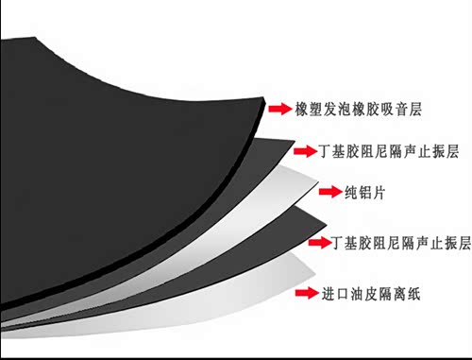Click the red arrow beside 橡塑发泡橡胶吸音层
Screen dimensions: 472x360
[x=279, y=109]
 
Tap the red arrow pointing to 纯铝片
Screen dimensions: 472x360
[x=330, y=192]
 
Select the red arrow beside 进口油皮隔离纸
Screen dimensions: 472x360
[x=307, y=293]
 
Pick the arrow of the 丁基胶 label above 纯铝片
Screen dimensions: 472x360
[x=305, y=151]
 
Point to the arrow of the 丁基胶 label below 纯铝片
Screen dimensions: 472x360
[x=320, y=242]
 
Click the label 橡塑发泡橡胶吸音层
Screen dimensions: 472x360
[x=358, y=109]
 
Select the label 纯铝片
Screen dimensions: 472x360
[x=364, y=192]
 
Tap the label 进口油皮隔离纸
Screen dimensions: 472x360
[x=371, y=294]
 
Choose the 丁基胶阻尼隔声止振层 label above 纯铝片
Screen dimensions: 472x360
[x=388, y=151]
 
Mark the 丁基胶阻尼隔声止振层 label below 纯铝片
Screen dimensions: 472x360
[x=401, y=243]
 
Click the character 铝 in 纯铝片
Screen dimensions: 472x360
[x=365, y=192]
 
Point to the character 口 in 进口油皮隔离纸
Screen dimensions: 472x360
[x=343, y=294]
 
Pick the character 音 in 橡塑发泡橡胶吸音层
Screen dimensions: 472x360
[x=401, y=109]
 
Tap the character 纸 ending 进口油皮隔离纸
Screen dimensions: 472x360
[x=413, y=294]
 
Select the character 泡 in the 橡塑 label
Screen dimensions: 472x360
[x=345, y=109]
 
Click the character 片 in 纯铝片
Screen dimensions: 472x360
[x=379, y=192]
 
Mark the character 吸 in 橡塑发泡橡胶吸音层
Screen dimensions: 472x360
[x=387, y=109]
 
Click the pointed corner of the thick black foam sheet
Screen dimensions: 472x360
[x=263, y=98]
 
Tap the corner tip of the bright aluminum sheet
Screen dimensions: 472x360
[x=318, y=182]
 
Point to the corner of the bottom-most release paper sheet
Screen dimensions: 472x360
[x=315, y=274]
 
